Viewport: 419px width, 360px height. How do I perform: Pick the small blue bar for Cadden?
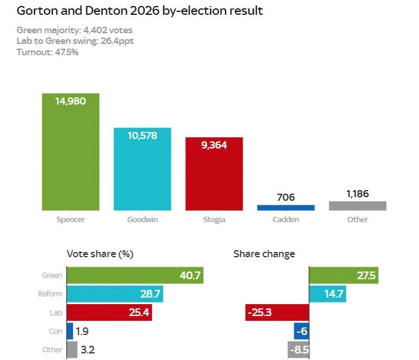pyautogui.click(x=285, y=207)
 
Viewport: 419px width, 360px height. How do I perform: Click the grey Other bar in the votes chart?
pyautogui.click(x=357, y=206)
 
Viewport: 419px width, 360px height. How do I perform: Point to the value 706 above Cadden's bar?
pyautogui.click(x=285, y=197)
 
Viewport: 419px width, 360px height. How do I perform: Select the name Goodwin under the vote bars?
pyautogui.click(x=142, y=220)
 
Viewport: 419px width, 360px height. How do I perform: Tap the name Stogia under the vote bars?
pyautogui.click(x=214, y=220)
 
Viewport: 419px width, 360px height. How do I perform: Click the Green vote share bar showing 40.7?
pyautogui.click(x=135, y=275)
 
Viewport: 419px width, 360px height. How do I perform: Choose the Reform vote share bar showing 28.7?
pyautogui.click(x=115, y=294)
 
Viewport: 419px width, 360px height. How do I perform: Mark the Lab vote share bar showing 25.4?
pyautogui.click(x=110, y=312)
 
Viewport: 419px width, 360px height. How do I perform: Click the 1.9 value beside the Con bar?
pyautogui.click(x=84, y=331)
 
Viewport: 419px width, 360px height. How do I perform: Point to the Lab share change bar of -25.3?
pyautogui.click(x=277, y=312)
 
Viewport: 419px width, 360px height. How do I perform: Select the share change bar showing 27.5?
pyautogui.click(x=344, y=275)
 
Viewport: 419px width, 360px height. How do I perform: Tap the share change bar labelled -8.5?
pyautogui.click(x=299, y=349)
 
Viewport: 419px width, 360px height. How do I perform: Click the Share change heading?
pyautogui.click(x=264, y=254)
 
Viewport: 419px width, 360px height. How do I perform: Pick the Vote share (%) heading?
pyautogui.click(x=100, y=254)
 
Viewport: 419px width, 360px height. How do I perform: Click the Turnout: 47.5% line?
pyautogui.click(x=47, y=52)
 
